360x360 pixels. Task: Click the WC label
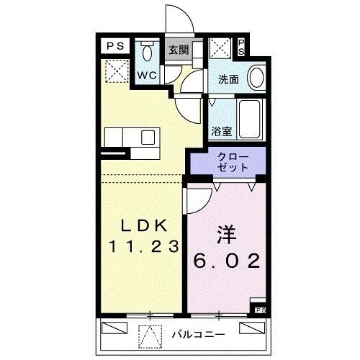pyautogui.click(x=147, y=74)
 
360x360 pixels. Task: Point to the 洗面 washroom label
pyautogui.click(x=229, y=80)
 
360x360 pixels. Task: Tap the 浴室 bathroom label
pyautogui.click(x=221, y=132)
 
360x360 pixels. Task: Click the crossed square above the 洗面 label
pyautogui.click(x=220, y=49)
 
